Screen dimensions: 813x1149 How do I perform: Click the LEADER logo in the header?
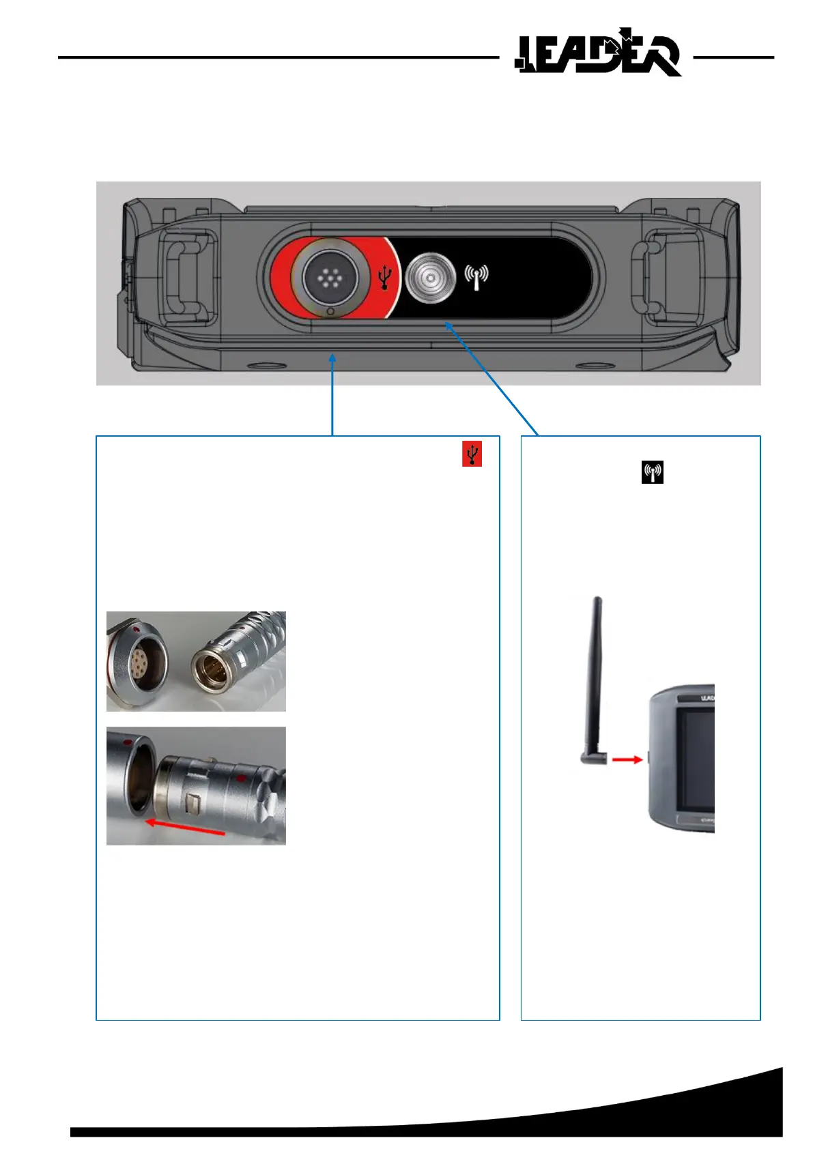coord(598,53)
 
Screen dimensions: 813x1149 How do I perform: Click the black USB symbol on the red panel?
coord(386,277)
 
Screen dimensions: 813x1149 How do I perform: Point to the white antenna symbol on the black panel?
coord(476,276)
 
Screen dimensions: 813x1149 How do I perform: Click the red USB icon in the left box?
coord(472,454)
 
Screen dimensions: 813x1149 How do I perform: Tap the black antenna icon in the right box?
coord(653,472)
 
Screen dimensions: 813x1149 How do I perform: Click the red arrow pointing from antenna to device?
coord(627,759)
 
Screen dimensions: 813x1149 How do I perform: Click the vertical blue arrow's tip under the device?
coord(332,355)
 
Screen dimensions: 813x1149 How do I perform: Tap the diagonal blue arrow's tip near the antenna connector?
coord(447,325)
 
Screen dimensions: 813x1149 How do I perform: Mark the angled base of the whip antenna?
coord(591,759)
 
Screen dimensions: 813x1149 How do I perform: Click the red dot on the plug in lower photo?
coord(240,778)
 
